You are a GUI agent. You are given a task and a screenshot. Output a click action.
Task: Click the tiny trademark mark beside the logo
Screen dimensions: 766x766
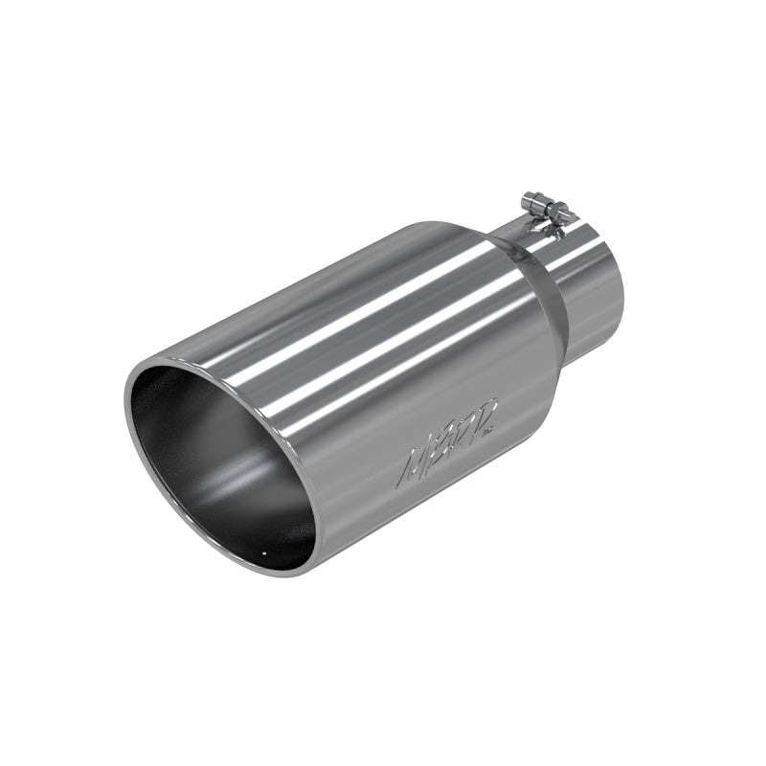click(491, 432)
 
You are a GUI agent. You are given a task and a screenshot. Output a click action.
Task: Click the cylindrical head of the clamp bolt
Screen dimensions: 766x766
click(532, 202)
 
